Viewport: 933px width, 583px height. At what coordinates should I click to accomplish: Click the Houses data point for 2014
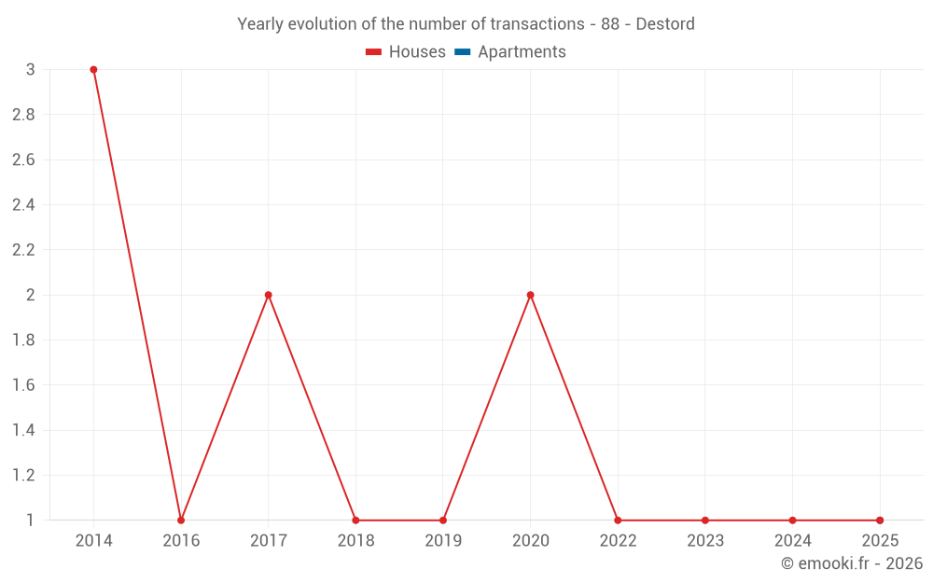click(x=93, y=70)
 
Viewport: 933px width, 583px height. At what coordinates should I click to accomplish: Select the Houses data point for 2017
click(x=268, y=295)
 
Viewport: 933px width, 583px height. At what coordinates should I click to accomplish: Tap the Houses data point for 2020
click(x=530, y=295)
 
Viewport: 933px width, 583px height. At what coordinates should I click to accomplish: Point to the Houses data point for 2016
click(x=181, y=521)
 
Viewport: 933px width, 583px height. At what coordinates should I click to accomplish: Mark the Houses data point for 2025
click(x=880, y=521)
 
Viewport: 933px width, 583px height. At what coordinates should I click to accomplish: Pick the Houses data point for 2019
click(x=443, y=521)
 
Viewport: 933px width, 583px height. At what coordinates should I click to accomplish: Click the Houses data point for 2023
click(x=705, y=521)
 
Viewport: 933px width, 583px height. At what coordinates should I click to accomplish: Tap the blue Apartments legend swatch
click(x=462, y=52)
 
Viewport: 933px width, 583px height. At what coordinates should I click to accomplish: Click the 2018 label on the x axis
click(x=355, y=541)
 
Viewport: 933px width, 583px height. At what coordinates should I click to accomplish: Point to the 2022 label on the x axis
click(x=618, y=541)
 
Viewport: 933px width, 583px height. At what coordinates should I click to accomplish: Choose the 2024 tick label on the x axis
click(x=792, y=541)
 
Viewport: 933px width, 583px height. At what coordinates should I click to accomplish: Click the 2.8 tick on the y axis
click(x=23, y=115)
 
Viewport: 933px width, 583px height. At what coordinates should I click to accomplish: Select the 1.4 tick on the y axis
click(x=23, y=430)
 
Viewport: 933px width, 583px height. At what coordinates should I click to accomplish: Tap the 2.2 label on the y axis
click(x=23, y=250)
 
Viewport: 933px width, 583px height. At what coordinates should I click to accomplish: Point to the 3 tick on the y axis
click(x=31, y=70)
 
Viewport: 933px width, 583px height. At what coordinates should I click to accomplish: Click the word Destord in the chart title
click(x=665, y=24)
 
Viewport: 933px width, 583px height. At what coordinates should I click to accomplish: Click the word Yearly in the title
click(x=261, y=24)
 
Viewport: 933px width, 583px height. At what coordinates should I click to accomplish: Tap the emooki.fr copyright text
click(x=852, y=563)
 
